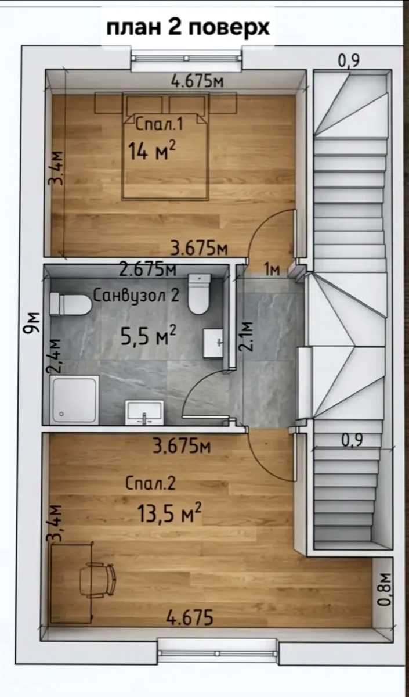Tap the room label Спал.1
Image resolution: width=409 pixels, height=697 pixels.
pyautogui.click(x=160, y=124)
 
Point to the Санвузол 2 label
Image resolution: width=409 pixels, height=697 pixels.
pyautogui.click(x=136, y=295)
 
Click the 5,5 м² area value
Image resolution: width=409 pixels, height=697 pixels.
pyautogui.click(x=149, y=336)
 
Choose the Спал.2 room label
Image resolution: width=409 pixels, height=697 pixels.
pyautogui.click(x=150, y=484)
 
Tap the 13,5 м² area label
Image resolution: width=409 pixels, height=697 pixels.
pyautogui.click(x=169, y=512)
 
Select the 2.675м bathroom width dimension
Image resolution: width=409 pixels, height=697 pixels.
pyautogui.click(x=148, y=270)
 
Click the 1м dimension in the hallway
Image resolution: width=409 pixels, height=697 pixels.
pyautogui.click(x=273, y=270)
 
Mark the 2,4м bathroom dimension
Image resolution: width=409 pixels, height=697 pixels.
pyautogui.click(x=53, y=355)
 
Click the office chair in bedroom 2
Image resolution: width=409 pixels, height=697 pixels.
pyautogui.click(x=97, y=581)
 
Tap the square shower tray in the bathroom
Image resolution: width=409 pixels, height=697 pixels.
pyautogui.click(x=74, y=400)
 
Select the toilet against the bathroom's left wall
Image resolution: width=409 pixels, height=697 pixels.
pyautogui.click(x=71, y=304)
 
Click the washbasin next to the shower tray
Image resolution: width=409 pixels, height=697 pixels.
pyautogui.click(x=144, y=412)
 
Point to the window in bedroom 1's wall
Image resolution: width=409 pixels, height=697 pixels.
pyautogui.click(x=186, y=58)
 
